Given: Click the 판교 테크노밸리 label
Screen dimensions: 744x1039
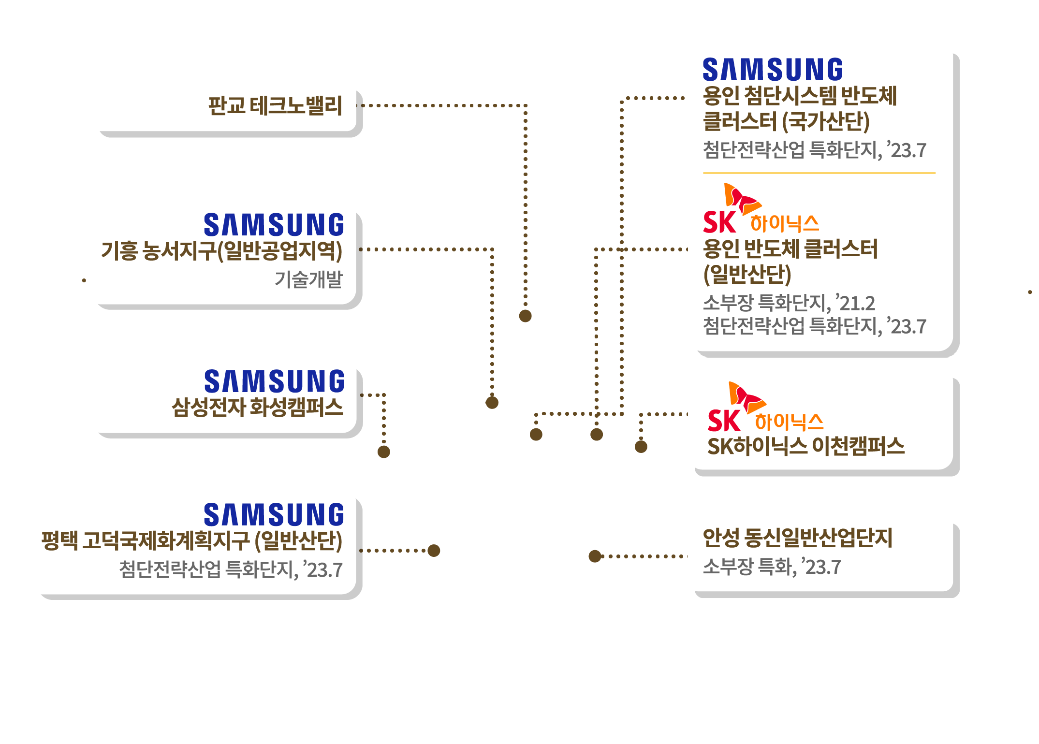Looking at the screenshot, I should (275, 106).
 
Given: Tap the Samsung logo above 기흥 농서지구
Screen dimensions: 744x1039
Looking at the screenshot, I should (274, 225).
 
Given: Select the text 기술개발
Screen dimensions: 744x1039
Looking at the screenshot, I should (308, 279).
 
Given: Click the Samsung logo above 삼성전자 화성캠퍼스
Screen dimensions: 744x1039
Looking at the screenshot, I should (274, 381).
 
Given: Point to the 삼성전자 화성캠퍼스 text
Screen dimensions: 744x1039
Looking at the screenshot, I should (257, 407).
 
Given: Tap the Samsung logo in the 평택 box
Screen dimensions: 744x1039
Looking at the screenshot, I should (274, 514).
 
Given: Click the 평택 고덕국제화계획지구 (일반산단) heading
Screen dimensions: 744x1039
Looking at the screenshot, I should (192, 540).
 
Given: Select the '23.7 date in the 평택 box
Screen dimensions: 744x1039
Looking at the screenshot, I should (323, 569).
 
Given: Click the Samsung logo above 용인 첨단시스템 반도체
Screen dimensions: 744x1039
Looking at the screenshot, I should (773, 70).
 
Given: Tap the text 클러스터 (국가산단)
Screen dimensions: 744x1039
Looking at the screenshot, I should (786, 121).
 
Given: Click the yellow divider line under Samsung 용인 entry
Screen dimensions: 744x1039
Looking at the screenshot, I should (819, 173).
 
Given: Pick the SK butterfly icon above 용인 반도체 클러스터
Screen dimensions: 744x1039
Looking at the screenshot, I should (741, 198).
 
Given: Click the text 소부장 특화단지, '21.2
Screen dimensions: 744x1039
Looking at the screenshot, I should (789, 303).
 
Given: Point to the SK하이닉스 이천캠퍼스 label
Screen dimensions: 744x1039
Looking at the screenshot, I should (805, 446).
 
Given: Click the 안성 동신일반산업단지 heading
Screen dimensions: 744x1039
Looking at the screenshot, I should (797, 538).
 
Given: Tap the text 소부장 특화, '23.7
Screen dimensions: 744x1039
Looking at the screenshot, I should (772, 567).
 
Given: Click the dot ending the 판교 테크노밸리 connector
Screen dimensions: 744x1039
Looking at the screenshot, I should (525, 316).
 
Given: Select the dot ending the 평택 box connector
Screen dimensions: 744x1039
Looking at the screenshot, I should (434, 551).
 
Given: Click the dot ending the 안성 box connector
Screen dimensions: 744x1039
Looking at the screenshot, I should (595, 556).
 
